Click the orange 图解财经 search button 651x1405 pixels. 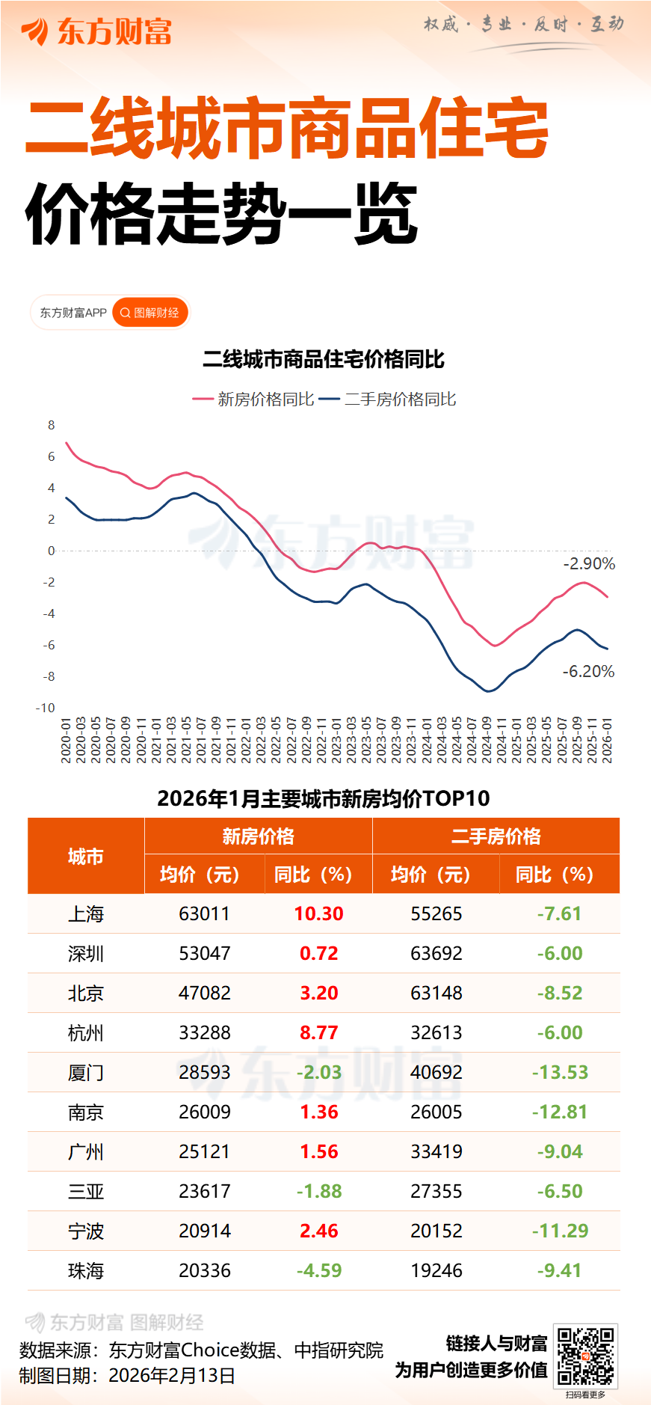click(x=150, y=313)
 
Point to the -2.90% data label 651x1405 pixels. click(x=589, y=564)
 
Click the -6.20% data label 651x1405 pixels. click(x=588, y=672)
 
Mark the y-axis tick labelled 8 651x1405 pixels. click(x=52, y=425)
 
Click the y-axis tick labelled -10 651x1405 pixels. click(x=46, y=708)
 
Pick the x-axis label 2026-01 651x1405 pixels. click(x=607, y=741)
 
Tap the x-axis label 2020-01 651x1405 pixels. click(x=66, y=741)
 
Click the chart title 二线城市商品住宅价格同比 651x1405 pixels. click(x=324, y=360)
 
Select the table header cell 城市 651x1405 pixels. click(x=86, y=857)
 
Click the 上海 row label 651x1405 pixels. click(x=86, y=913)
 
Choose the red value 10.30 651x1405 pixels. click(x=318, y=913)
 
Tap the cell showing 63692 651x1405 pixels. click(x=436, y=953)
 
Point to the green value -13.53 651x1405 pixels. click(x=560, y=1072)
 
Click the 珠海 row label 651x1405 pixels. click(x=86, y=1270)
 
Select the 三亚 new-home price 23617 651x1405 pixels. click(x=205, y=1191)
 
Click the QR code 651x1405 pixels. click(x=586, y=1356)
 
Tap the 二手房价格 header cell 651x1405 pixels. click(x=496, y=836)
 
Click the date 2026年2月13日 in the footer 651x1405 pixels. click(x=172, y=1376)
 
